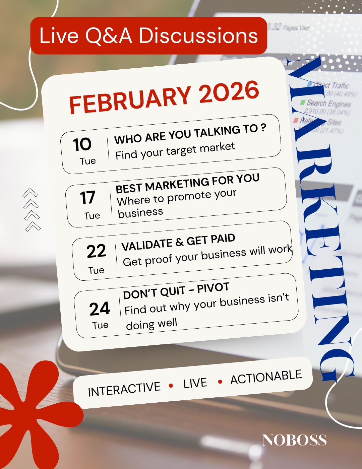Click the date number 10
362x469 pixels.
82,144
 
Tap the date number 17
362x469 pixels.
87,198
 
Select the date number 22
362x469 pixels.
96,251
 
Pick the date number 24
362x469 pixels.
100,309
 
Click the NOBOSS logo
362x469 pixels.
294,440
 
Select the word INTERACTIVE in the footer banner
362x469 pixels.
124,389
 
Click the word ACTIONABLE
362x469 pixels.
266,377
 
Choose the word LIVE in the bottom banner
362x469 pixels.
195,383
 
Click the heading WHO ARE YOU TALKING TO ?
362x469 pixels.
190,134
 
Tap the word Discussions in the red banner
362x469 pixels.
198,36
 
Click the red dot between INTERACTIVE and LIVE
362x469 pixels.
171,386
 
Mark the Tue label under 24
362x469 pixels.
100,325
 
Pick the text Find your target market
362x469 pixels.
175,151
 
